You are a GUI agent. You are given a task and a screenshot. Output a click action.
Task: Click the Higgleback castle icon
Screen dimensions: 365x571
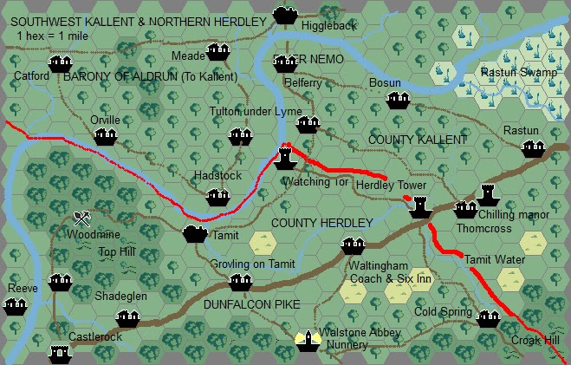(x=283, y=14)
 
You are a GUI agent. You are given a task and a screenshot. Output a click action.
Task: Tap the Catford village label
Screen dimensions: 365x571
(x=32, y=76)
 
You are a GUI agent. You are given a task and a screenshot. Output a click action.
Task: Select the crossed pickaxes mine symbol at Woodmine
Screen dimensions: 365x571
(x=82, y=218)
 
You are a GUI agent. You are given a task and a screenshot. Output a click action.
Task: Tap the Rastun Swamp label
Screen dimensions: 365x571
(x=519, y=73)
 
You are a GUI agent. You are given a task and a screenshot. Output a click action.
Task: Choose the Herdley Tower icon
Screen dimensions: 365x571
(x=420, y=207)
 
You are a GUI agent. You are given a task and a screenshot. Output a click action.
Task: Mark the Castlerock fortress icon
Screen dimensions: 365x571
(x=59, y=353)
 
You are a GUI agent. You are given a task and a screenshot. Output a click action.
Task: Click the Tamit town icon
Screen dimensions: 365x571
(x=195, y=234)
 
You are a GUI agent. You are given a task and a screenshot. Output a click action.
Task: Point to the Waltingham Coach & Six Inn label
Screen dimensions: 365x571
(x=390, y=272)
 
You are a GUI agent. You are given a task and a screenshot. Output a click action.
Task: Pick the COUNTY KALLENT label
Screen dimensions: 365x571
(x=418, y=140)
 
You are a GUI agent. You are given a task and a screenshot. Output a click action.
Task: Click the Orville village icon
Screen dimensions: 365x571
(x=105, y=136)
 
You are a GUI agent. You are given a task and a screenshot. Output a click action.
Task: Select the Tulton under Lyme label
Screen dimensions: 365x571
(x=256, y=112)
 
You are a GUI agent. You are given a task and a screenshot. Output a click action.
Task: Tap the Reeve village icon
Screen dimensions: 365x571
(x=15, y=305)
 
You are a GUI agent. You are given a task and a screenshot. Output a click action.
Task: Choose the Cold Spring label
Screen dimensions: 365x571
(x=443, y=312)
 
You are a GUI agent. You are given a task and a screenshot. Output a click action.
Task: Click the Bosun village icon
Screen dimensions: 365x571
(x=398, y=100)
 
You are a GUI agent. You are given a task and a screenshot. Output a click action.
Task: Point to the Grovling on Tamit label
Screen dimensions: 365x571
(x=252, y=264)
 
